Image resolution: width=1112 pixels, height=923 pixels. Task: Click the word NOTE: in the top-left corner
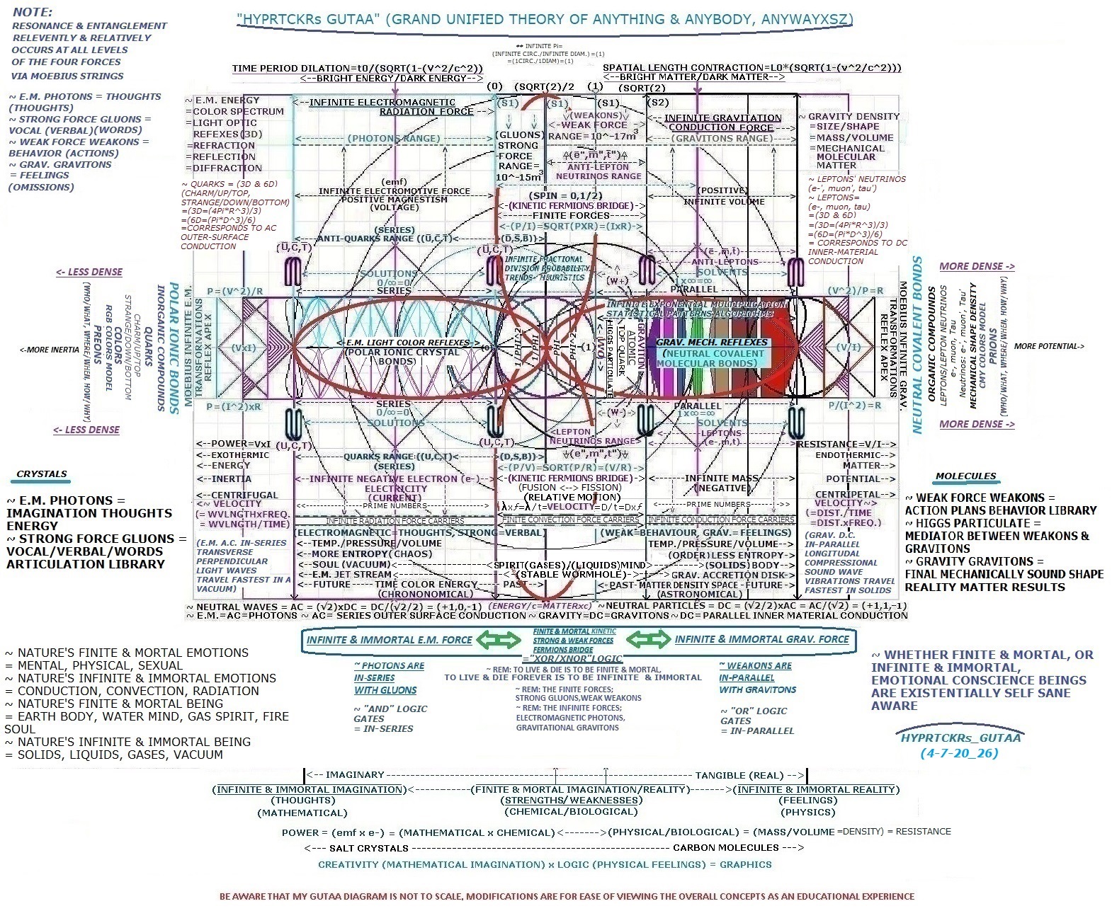click(x=31, y=12)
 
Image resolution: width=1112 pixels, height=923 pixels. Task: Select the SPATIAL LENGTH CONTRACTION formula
click(x=751, y=68)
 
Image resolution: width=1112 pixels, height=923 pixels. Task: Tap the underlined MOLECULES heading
click(x=965, y=476)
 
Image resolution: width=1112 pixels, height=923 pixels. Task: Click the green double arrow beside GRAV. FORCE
click(x=649, y=640)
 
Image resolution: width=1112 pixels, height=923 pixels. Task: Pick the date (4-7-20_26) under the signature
click(x=959, y=753)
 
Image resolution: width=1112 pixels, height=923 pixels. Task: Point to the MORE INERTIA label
click(x=50, y=350)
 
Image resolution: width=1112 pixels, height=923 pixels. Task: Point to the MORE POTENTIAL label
click(x=1049, y=346)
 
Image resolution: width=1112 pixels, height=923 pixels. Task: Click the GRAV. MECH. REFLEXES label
click(x=702, y=342)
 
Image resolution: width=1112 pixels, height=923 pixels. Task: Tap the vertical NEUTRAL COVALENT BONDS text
click(x=917, y=345)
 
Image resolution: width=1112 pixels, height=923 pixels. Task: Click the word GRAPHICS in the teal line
click(x=746, y=864)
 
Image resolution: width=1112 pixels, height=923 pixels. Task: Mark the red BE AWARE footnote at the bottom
click(x=567, y=896)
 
